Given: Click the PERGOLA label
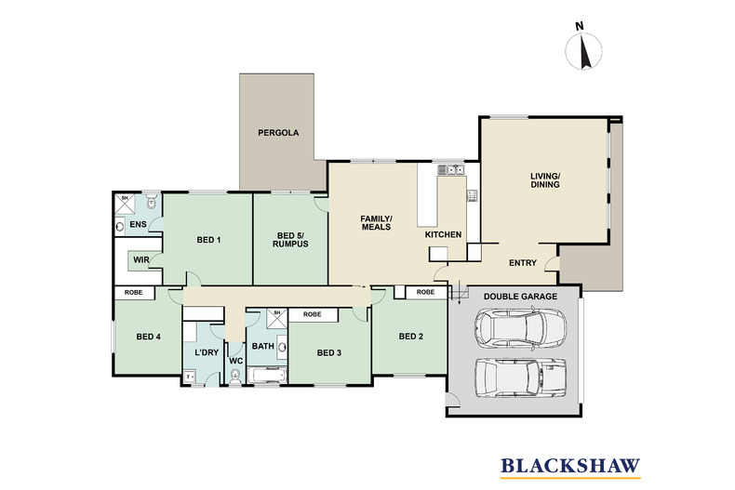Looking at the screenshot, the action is (x=278, y=133).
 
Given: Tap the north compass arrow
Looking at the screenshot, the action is (x=583, y=52).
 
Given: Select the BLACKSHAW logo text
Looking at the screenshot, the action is (x=570, y=466).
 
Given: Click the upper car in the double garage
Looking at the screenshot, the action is (x=520, y=327).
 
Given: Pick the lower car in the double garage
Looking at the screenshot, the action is (x=520, y=377).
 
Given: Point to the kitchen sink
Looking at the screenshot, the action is (x=451, y=169).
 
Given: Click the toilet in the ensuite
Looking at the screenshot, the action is (x=151, y=202).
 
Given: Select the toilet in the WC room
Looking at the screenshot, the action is (x=235, y=376).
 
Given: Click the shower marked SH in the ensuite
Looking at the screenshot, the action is (x=125, y=205).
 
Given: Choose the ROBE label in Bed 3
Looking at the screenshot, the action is (x=313, y=314).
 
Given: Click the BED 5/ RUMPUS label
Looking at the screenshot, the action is (x=290, y=240).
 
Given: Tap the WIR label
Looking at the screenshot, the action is (x=141, y=259).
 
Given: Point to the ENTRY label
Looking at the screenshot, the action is (x=523, y=263).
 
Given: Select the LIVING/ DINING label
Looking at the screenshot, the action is (x=545, y=180).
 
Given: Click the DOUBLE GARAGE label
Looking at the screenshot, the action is (x=520, y=297).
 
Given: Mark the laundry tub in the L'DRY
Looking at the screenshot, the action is (x=190, y=377).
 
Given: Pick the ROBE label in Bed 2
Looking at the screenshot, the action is (x=425, y=292).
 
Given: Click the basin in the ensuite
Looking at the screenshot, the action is (x=120, y=227).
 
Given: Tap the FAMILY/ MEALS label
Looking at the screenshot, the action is (x=376, y=222).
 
